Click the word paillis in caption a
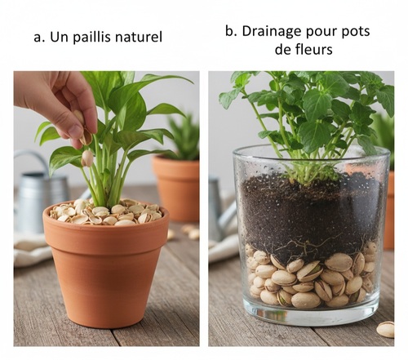point(92,38)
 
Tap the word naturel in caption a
point(139,37)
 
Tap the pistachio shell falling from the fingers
point(87,158)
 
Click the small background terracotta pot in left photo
point(176,188)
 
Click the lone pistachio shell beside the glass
point(385,329)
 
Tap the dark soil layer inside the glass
point(310,215)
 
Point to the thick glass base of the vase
point(310,315)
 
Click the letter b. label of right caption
point(231,31)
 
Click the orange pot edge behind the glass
point(389,211)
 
